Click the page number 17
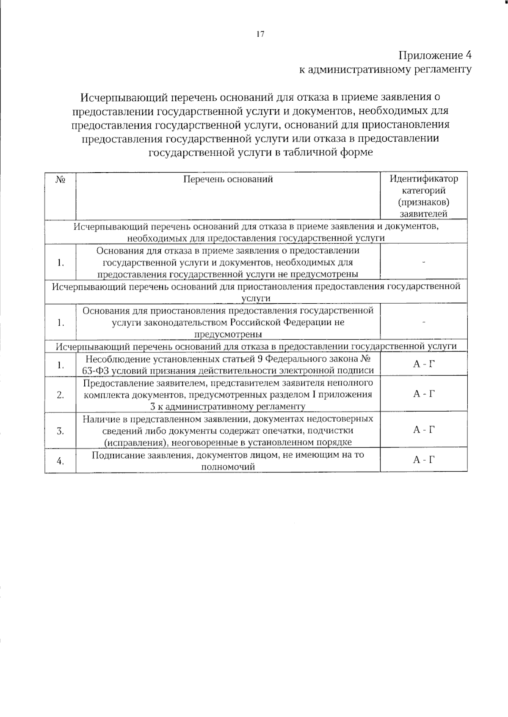point(260,34)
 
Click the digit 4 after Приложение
point(468,55)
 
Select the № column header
point(60,179)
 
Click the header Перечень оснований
point(228,179)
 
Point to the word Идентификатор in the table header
point(423,179)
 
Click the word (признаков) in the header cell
point(423,202)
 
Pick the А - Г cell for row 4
point(423,460)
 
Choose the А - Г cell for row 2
point(423,394)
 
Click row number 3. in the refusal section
point(60,431)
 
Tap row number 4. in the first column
point(60,461)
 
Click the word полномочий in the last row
point(228,467)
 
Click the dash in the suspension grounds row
point(423,322)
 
